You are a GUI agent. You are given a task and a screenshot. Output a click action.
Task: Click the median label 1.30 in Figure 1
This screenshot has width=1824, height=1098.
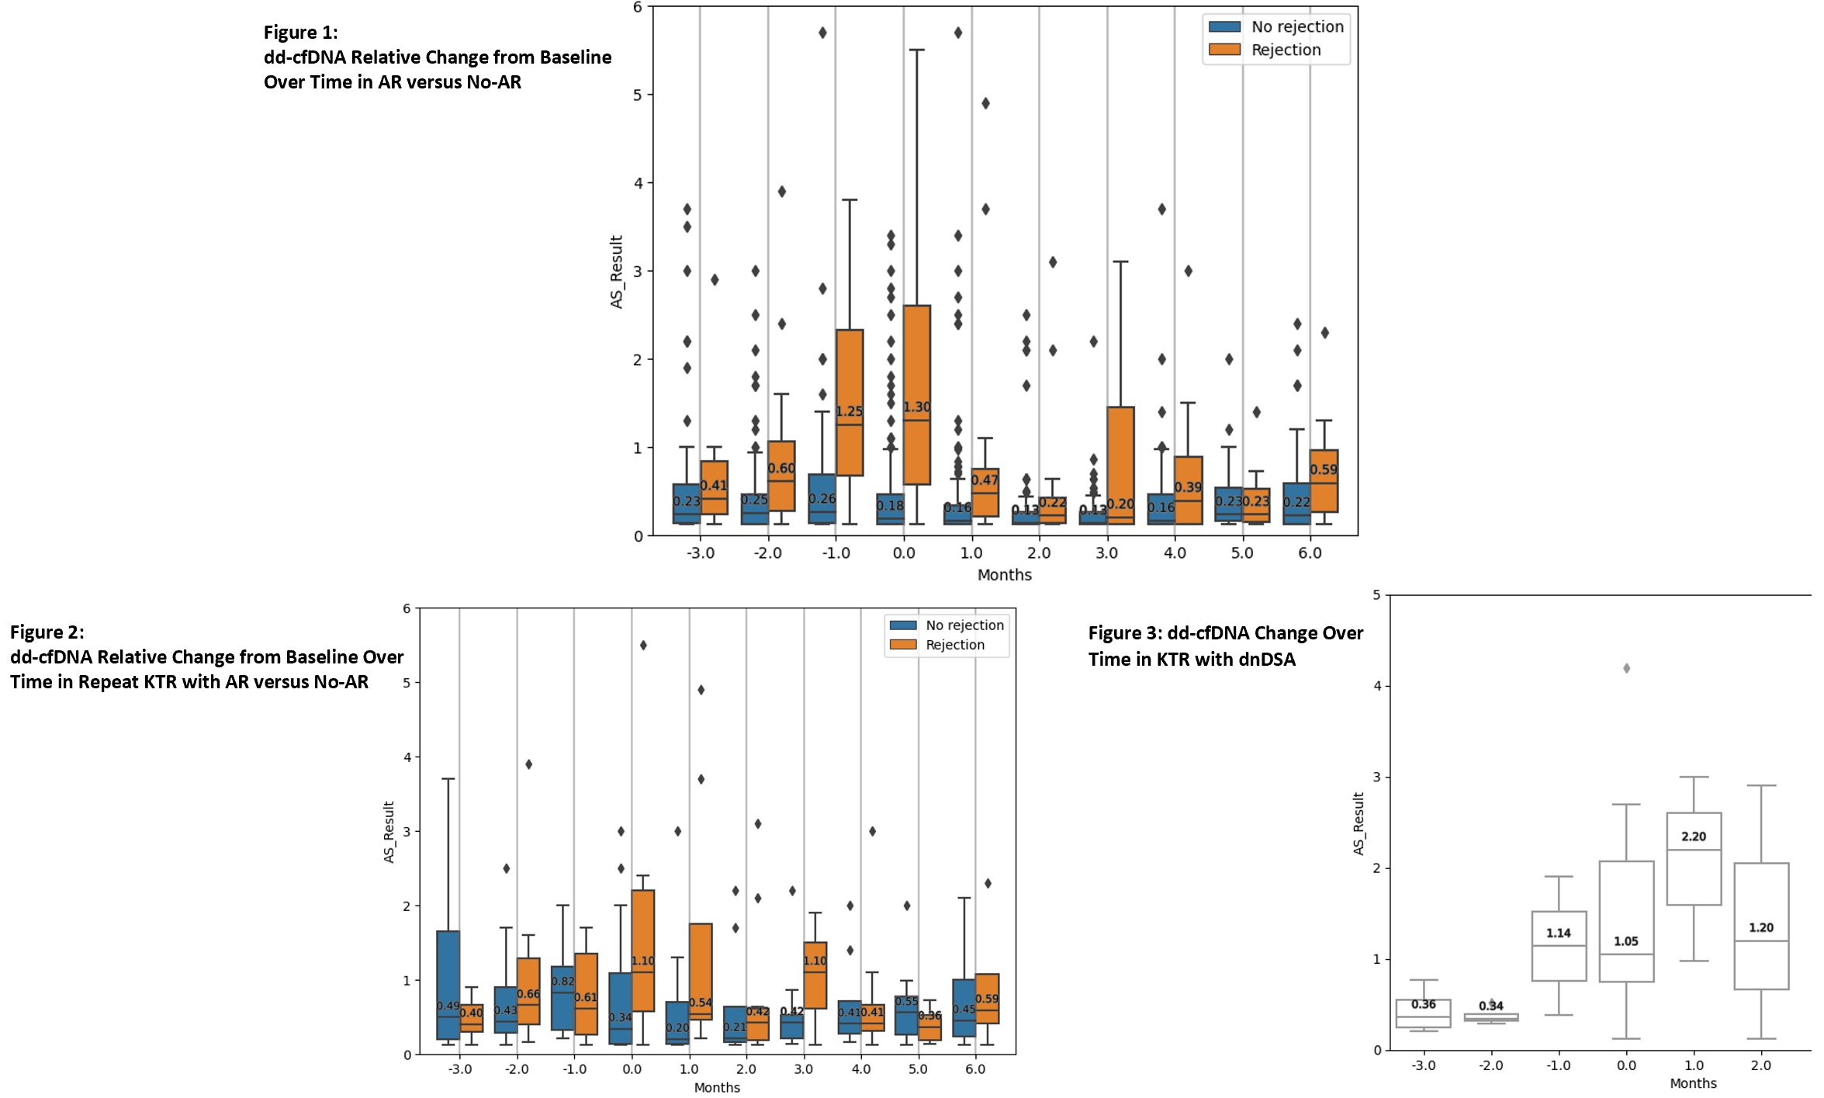917,407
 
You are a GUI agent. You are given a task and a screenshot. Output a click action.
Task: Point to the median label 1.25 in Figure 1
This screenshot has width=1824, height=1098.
850,411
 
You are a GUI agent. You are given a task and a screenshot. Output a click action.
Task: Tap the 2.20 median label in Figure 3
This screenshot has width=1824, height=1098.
1694,836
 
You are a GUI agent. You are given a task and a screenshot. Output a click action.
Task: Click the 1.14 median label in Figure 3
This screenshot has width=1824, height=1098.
1559,933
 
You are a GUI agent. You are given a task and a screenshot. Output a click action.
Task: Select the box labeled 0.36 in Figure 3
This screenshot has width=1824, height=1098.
1424,1013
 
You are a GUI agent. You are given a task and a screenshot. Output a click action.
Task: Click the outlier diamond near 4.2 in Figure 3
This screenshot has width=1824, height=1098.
1627,668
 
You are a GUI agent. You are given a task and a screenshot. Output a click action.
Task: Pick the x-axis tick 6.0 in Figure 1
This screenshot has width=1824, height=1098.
1310,553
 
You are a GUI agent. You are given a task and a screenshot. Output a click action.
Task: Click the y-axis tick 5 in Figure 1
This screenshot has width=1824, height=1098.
639,95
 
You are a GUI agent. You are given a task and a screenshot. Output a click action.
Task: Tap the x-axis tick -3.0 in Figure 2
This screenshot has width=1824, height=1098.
459,1069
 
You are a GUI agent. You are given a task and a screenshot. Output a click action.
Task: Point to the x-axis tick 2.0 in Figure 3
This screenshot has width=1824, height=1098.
1761,1065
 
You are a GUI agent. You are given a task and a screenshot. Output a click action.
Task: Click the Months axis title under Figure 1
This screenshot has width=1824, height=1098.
1004,575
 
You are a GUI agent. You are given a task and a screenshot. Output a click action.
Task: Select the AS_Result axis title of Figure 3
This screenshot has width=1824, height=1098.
1358,823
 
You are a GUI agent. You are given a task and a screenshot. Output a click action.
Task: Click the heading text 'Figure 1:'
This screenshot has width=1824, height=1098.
301,33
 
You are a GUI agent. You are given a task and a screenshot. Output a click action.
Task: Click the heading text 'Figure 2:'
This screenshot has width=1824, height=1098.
47,632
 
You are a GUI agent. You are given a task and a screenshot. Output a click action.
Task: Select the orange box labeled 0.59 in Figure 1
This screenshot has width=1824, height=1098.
1324,481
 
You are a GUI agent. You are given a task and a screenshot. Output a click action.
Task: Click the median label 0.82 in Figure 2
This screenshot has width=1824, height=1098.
562,982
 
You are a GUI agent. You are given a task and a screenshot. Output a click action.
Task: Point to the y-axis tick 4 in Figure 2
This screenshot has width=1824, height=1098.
407,757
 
